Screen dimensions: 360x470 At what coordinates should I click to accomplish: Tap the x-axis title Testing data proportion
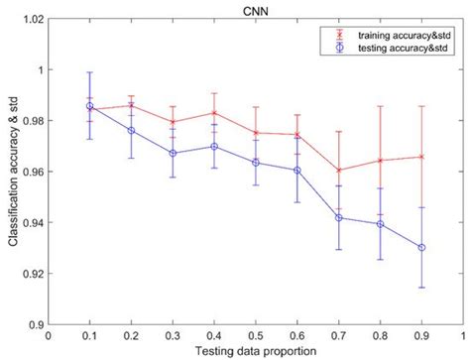(256, 352)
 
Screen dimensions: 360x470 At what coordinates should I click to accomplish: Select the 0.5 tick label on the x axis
(256, 334)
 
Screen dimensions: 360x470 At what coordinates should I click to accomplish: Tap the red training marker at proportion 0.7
(339, 171)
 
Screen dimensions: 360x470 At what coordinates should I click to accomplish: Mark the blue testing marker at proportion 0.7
(339, 217)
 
